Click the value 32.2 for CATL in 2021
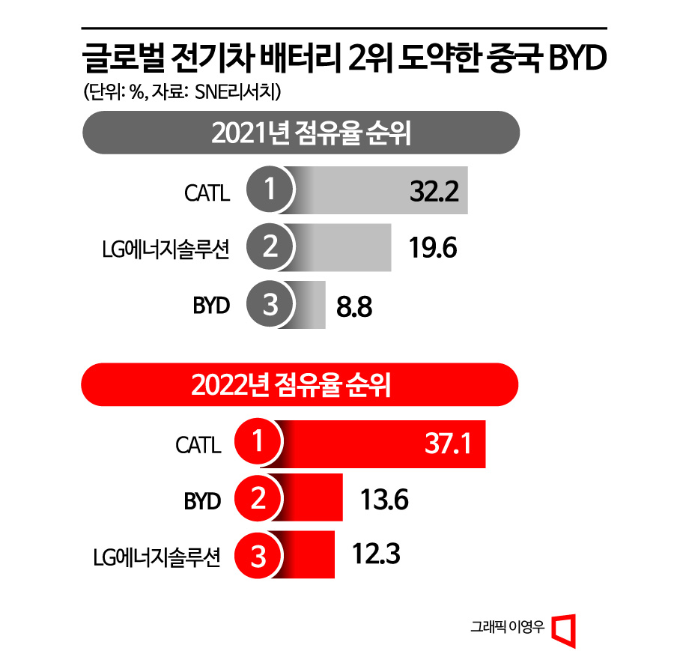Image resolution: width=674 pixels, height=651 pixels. click(x=434, y=193)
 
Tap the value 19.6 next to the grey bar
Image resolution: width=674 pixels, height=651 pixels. click(x=434, y=247)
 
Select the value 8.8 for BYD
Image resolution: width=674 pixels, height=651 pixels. click(x=354, y=306)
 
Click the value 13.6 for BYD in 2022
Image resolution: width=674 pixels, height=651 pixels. click(x=384, y=500)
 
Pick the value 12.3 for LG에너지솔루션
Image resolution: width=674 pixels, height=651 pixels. click(x=377, y=555)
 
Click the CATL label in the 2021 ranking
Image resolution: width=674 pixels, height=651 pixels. click(x=207, y=193)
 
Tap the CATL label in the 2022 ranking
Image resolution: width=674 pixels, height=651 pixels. click(x=198, y=446)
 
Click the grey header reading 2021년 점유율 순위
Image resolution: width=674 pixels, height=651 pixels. click(x=300, y=135)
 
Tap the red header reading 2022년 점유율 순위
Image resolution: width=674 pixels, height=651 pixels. click(x=300, y=387)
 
